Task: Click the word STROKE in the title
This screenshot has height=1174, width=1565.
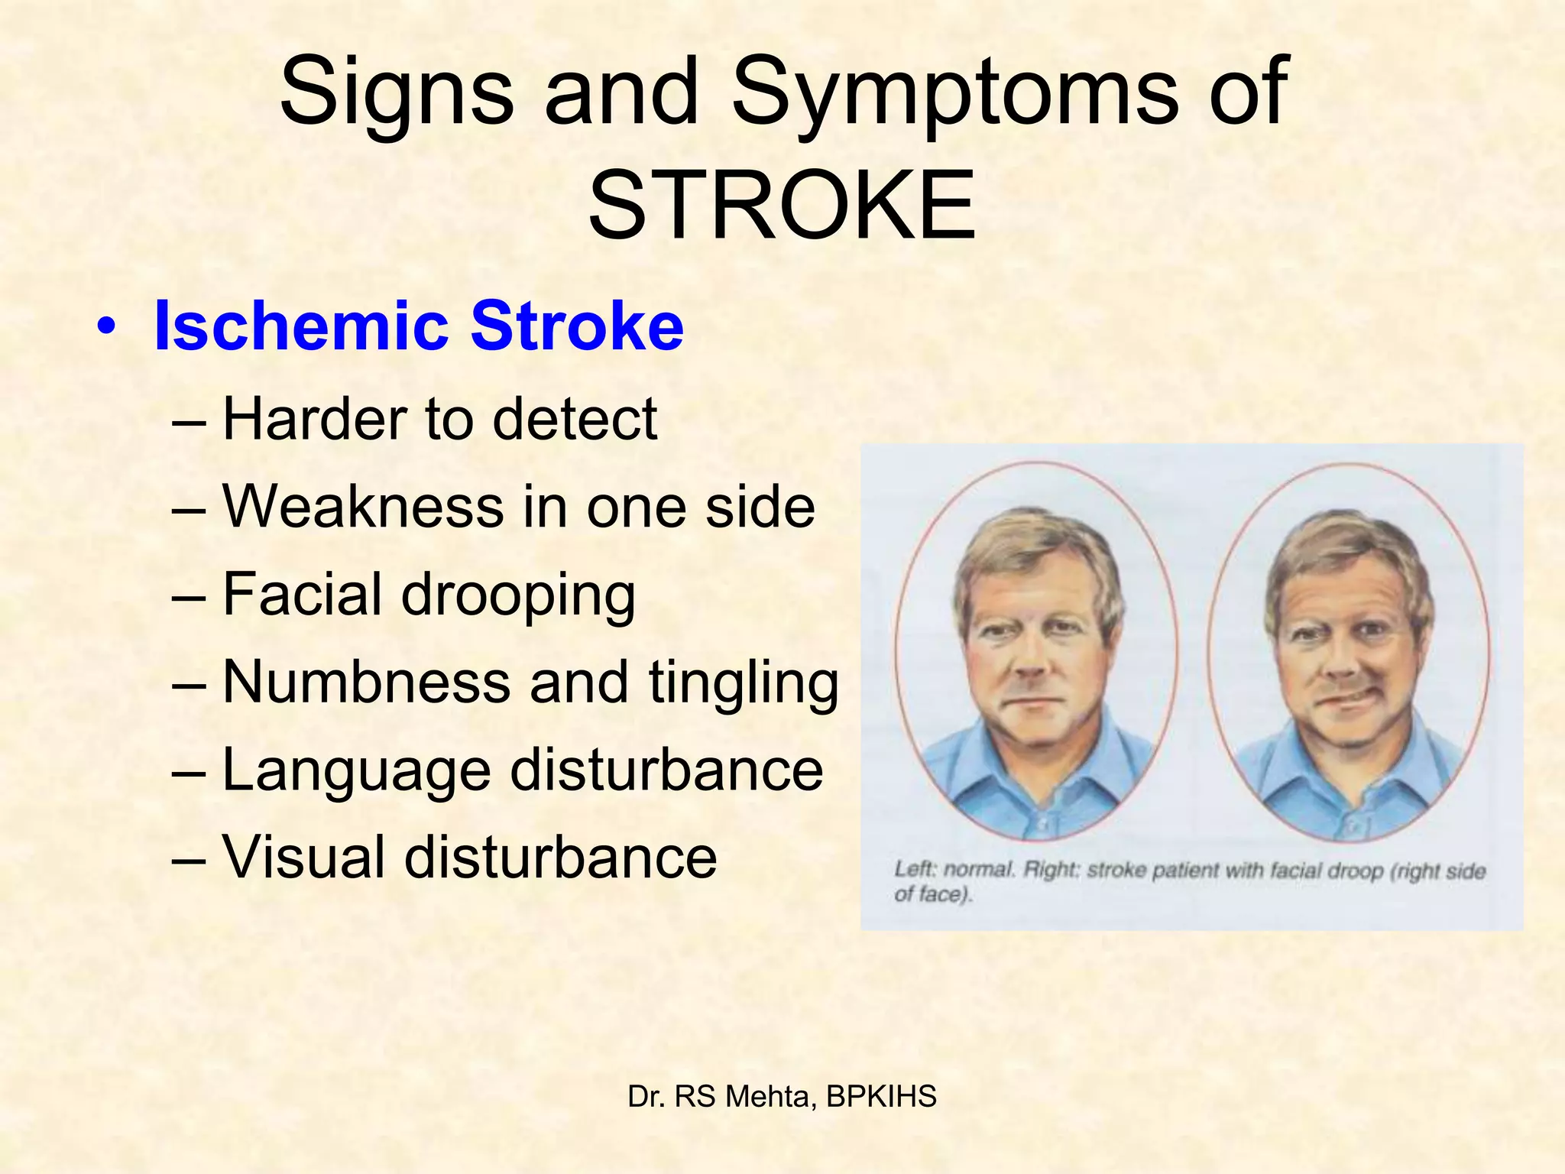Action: pos(782,205)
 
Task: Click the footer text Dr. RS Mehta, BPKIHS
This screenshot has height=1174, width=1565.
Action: pos(782,1096)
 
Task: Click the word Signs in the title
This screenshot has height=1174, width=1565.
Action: pos(397,92)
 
